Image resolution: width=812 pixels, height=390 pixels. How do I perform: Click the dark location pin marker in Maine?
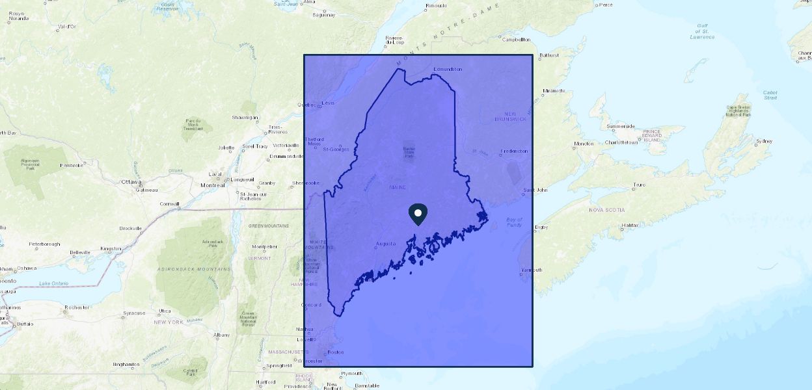coord(418,214)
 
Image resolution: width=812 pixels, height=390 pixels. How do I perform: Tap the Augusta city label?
coord(386,244)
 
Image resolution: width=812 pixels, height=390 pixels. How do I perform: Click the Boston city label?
coord(336,352)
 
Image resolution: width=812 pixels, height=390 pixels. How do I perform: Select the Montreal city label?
coord(212,185)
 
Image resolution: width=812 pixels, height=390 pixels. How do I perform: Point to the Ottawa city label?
coord(131,182)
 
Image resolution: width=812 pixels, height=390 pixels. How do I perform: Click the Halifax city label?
coord(630,225)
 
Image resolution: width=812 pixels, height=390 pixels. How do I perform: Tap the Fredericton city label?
coord(515,151)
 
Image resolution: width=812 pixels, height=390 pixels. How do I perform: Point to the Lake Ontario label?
coord(53,283)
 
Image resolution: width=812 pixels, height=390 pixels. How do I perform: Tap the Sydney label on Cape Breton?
coord(764,141)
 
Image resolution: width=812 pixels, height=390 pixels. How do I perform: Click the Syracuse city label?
coord(134,313)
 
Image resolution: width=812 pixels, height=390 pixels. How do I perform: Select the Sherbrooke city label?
coord(306,183)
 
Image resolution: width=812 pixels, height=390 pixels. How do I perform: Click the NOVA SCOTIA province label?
coord(606,210)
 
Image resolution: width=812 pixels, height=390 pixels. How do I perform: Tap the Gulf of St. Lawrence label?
coord(702,32)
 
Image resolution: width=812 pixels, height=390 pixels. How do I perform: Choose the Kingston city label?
coord(110,249)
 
